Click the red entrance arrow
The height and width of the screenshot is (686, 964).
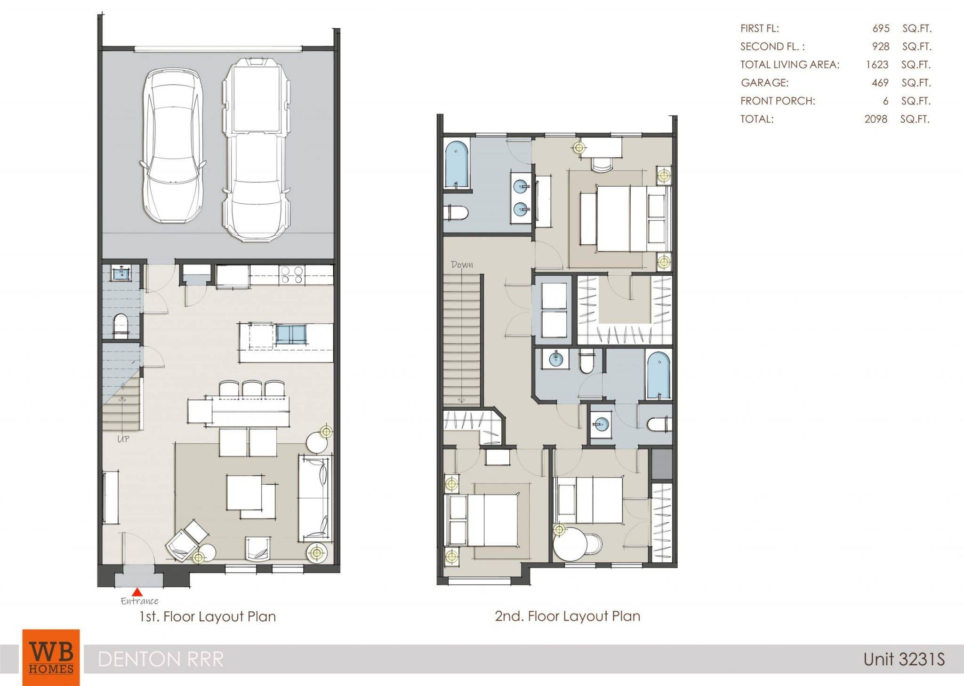click(x=137, y=592)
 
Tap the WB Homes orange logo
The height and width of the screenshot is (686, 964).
click(x=51, y=657)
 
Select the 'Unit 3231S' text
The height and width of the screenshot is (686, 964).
click(x=904, y=659)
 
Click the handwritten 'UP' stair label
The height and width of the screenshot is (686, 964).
click(x=123, y=439)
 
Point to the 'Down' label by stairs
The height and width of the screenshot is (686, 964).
click(x=462, y=264)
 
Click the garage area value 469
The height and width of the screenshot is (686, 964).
click(x=880, y=83)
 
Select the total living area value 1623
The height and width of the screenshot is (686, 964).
click(x=877, y=64)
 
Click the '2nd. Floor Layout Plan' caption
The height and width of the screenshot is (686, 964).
click(x=567, y=616)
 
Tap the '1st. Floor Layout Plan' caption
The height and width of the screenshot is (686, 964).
click(x=207, y=616)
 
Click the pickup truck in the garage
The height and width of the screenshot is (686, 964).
click(x=256, y=149)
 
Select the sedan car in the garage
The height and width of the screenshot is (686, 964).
click(x=173, y=146)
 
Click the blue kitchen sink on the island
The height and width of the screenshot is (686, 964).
click(x=291, y=335)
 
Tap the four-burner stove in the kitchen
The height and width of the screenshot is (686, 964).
click(x=292, y=275)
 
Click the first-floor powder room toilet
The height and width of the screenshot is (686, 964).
click(x=121, y=326)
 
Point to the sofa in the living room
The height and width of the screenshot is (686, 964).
click(x=315, y=498)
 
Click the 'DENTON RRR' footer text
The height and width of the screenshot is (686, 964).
click(x=161, y=659)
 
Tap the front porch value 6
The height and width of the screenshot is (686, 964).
click(x=885, y=101)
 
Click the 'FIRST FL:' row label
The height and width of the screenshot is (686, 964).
click(x=759, y=28)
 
